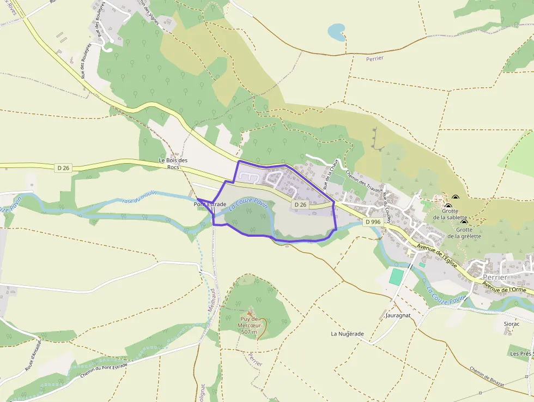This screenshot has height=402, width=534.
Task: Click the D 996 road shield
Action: (373, 222)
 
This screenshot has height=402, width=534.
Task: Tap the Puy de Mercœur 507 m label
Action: (250, 325)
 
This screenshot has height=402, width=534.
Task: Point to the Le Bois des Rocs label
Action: (173, 164)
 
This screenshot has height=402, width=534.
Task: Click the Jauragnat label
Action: (397, 315)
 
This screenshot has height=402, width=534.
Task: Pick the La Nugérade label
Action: (347, 333)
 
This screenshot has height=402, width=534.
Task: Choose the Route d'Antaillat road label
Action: (33, 355)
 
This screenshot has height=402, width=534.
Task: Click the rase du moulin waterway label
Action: (139, 197)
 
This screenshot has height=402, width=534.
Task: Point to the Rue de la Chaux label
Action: (331, 174)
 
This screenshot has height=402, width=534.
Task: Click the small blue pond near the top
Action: (337, 32)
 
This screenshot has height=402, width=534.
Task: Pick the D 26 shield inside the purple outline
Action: (300, 205)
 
